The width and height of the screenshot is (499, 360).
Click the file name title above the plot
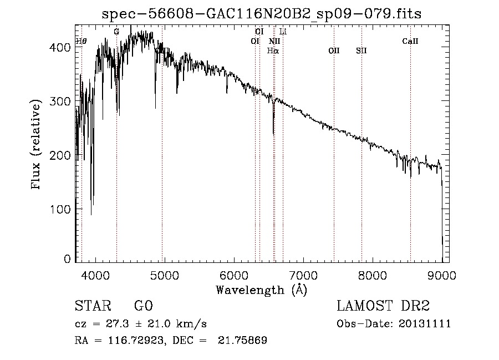tap(262, 14)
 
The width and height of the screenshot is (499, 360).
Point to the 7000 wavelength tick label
tap(303, 275)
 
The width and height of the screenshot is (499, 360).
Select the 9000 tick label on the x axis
tap(442, 275)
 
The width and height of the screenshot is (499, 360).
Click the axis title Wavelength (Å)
tap(261, 290)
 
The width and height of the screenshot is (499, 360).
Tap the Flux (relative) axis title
tap(37, 145)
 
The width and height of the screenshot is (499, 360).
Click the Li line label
tap(283, 32)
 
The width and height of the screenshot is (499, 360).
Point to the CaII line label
tap(410, 41)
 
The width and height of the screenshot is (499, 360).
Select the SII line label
tap(361, 50)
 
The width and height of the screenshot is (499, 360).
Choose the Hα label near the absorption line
tap(273, 50)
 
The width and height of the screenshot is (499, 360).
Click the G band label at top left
tap(116, 32)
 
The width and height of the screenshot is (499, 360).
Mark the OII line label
tap(334, 50)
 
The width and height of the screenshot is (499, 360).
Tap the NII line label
tap(274, 41)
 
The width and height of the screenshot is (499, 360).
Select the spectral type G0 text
tap(143, 306)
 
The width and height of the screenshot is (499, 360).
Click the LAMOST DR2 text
tap(383, 306)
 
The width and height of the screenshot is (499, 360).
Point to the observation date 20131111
tap(426, 324)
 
